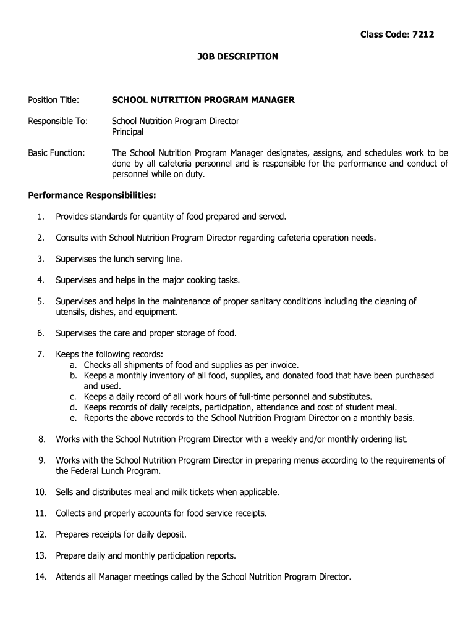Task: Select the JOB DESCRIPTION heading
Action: [238, 56]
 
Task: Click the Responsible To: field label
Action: [57, 121]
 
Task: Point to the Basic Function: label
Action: [56, 152]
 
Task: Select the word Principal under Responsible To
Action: [127, 131]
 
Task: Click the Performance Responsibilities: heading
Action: [92, 196]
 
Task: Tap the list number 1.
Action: [40, 217]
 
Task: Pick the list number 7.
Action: [40, 354]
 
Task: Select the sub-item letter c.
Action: [73, 396]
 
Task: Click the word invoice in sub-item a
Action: [283, 365]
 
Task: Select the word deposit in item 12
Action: [170, 534]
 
